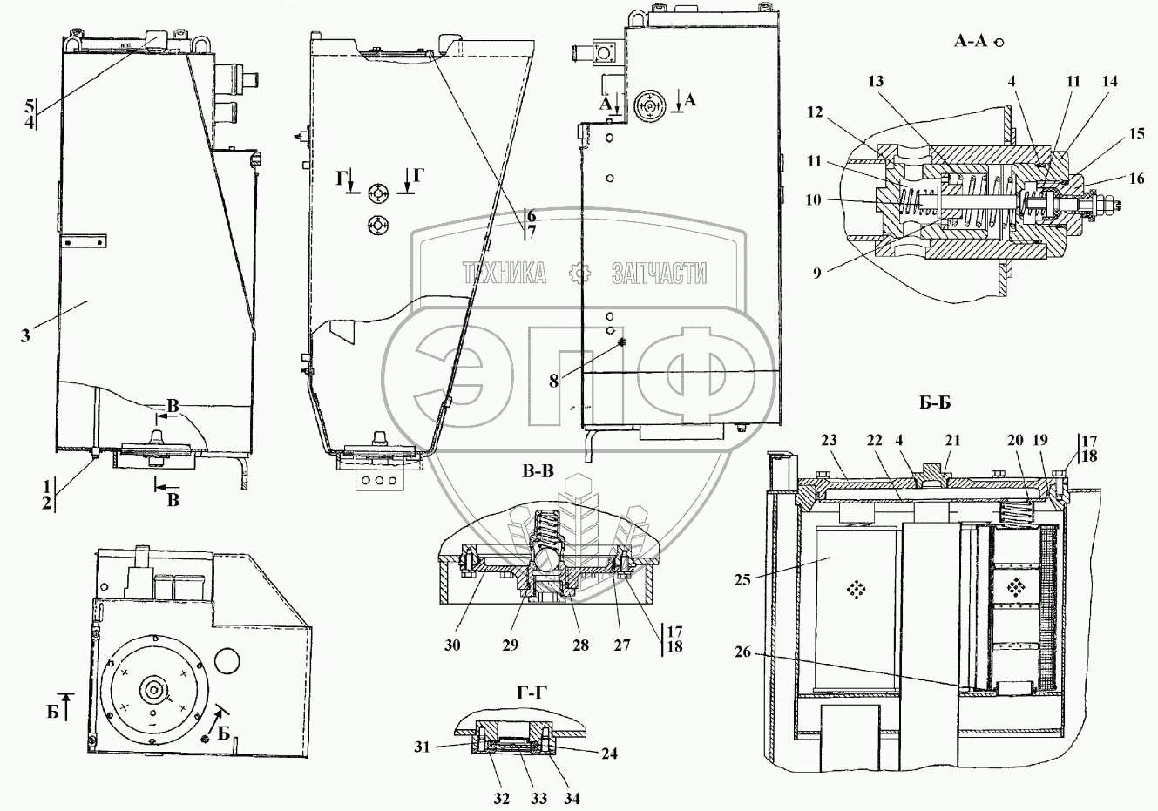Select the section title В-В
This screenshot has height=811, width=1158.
[x=538, y=471]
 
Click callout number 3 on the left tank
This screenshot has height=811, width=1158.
[x=26, y=335]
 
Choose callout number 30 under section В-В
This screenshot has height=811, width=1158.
[x=451, y=645]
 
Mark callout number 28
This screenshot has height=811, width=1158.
[x=580, y=645]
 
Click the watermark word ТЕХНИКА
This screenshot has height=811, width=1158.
[x=505, y=274]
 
